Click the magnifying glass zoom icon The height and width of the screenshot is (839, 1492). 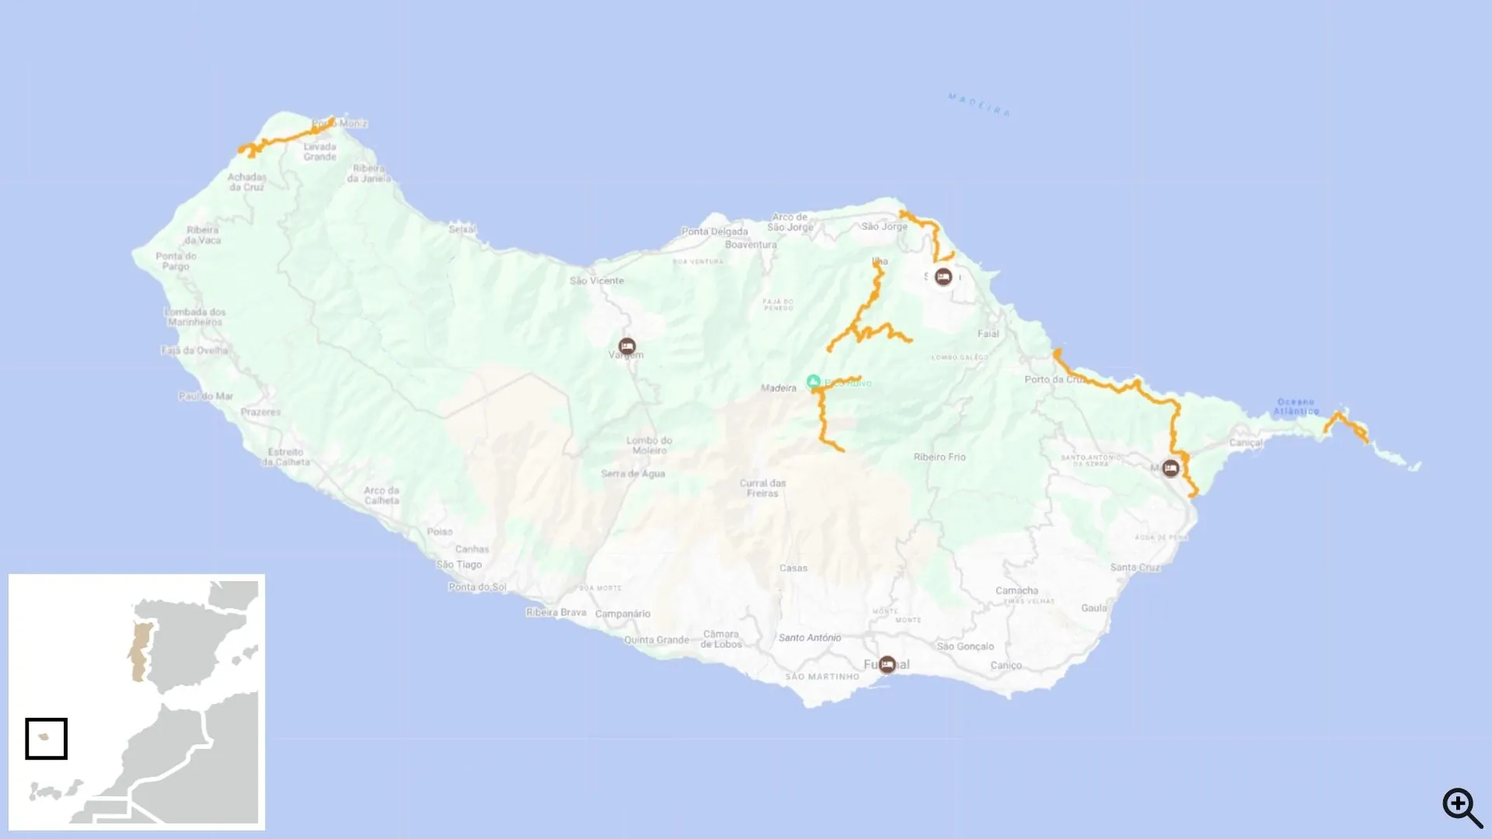click(1462, 807)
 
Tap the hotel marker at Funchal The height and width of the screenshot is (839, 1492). click(887, 664)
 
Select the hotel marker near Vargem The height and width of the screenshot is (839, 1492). click(627, 346)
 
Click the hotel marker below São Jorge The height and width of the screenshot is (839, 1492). click(943, 277)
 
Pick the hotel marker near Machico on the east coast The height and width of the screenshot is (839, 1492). click(1170, 468)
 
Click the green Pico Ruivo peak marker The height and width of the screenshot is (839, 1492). click(813, 381)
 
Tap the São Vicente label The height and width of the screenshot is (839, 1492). click(596, 280)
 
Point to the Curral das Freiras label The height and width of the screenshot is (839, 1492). click(762, 488)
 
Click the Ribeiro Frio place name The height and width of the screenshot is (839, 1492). click(939, 457)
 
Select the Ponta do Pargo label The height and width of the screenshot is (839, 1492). click(176, 261)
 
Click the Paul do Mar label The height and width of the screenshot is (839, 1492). click(206, 396)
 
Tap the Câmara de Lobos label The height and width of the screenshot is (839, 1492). click(721, 639)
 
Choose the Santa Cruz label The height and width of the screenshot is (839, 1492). click(1135, 567)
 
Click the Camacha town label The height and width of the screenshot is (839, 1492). click(1016, 590)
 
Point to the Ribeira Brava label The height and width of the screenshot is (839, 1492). click(556, 612)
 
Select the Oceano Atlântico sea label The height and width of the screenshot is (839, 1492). click(1295, 406)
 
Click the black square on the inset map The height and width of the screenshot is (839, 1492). click(47, 738)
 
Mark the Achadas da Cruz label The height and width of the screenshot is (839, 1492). click(246, 182)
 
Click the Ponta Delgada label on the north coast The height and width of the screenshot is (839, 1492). click(714, 232)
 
